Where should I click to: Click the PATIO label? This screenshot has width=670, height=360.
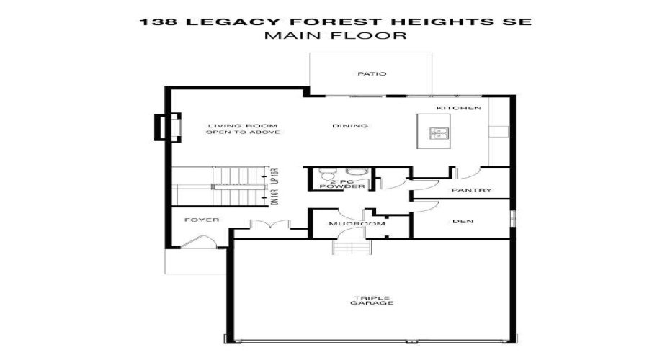372,73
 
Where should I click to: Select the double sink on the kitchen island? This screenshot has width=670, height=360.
439,132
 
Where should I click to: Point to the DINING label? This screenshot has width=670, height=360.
350,126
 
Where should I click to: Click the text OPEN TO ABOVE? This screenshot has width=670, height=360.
242,132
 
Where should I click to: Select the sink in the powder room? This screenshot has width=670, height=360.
355,172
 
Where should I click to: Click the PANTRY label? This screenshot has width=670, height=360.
471,190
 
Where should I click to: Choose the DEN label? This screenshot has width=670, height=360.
463,221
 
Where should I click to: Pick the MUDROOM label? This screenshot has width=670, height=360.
347,224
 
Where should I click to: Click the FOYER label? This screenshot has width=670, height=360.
201,220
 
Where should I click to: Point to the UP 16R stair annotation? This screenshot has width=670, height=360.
274,176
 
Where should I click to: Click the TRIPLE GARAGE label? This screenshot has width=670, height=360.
372,300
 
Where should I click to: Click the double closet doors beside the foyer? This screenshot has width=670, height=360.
260,225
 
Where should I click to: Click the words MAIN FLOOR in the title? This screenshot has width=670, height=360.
335,35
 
